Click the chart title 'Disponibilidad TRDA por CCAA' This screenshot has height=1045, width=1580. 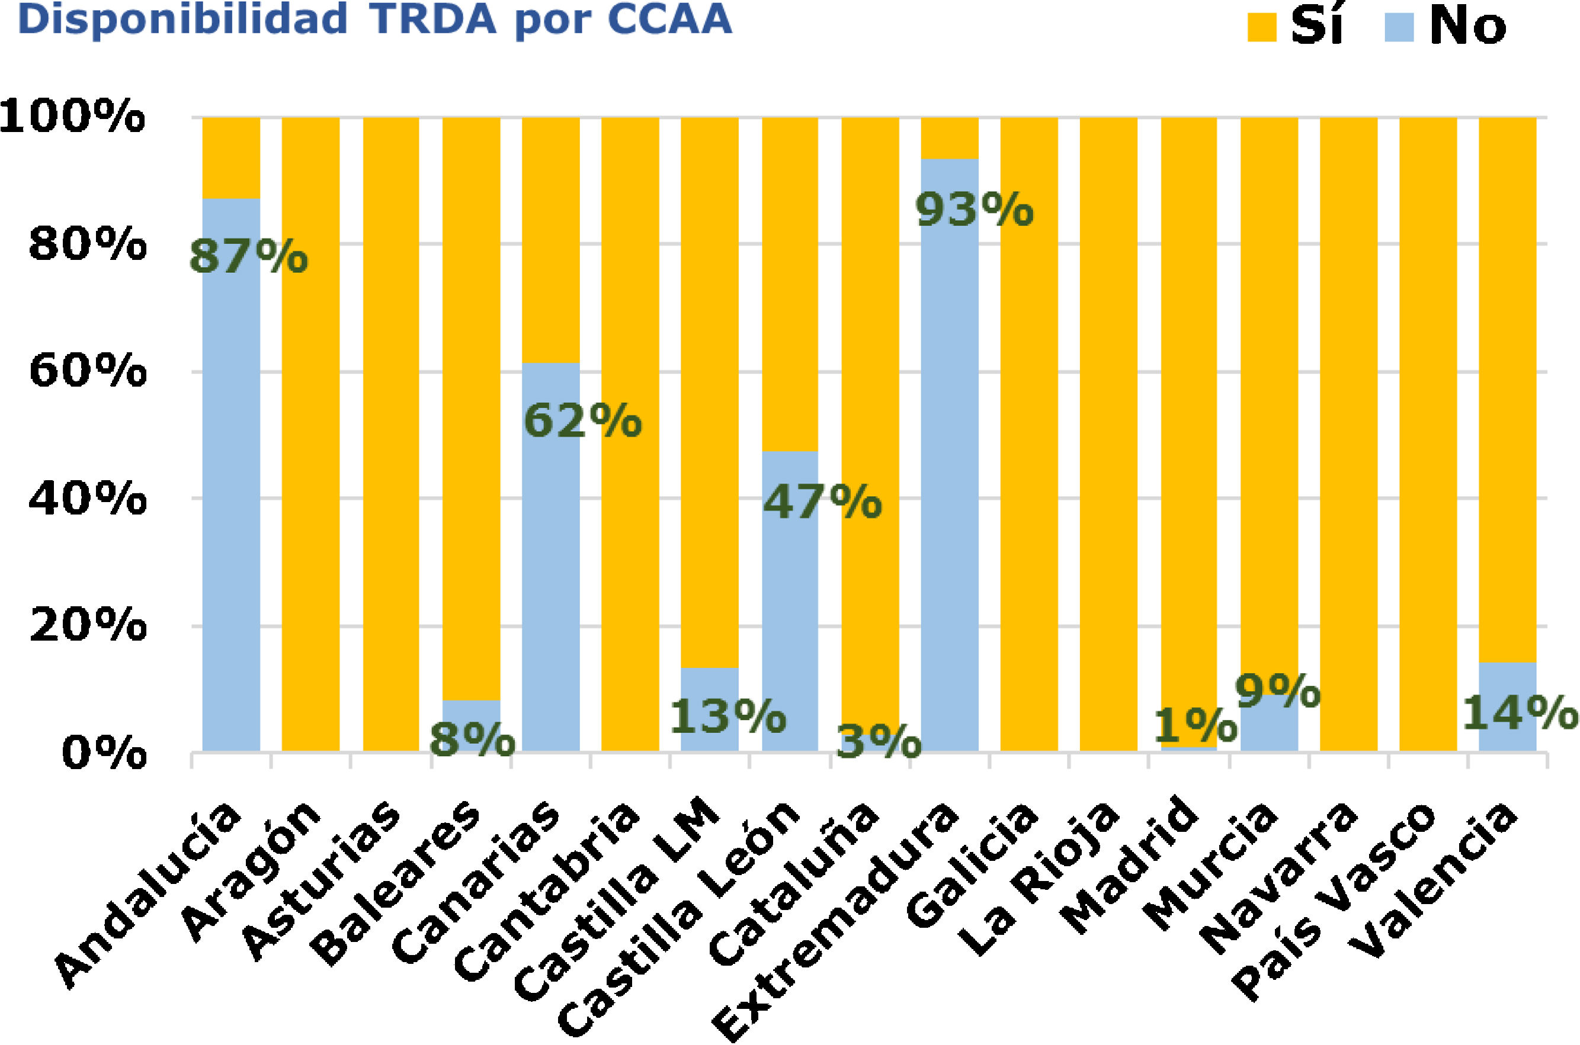click(x=374, y=20)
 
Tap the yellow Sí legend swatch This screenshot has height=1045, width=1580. click(x=1261, y=28)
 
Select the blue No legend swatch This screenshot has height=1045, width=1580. click(x=1399, y=28)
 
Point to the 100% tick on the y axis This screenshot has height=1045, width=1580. click(x=72, y=117)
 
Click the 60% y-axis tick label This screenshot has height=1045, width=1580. click(x=87, y=371)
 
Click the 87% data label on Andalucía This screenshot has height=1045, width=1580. click(x=248, y=257)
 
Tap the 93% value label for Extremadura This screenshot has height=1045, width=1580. click(x=975, y=211)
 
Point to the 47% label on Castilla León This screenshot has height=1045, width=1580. click(x=822, y=503)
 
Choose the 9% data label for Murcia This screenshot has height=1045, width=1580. click(x=1277, y=692)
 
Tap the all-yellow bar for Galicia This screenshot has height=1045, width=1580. click(x=1028, y=433)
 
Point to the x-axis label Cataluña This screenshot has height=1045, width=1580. click(x=793, y=886)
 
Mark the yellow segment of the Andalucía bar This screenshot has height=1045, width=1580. click(x=230, y=157)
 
